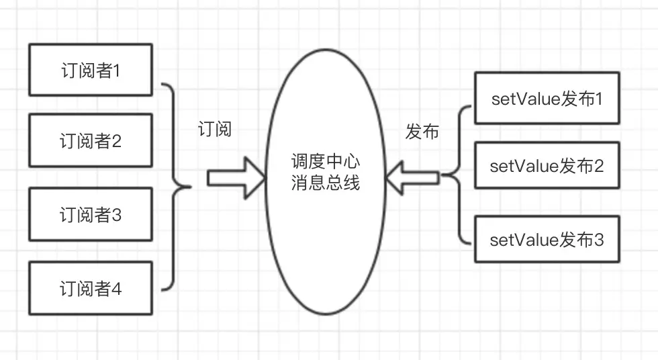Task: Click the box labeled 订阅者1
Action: tap(91, 70)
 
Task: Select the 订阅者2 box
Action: tap(91, 142)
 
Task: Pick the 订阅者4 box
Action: tap(91, 290)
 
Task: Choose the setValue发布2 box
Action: tap(547, 166)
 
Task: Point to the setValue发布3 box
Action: tap(547, 240)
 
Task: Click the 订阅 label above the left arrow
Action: tap(215, 129)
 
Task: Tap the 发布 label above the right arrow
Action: tap(422, 132)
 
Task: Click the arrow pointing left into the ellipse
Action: tap(414, 178)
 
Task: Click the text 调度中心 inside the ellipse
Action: tap(325, 162)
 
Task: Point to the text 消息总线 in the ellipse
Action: tap(325, 183)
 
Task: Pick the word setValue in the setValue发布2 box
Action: tap(516, 166)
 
